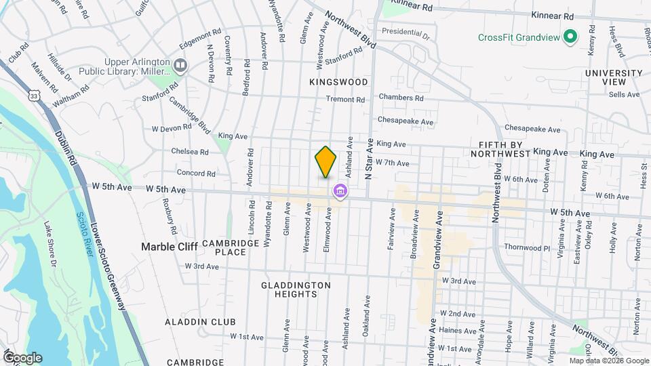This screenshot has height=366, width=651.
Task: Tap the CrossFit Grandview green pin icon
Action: point(571,36)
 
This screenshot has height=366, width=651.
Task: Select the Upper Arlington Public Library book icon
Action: point(180,65)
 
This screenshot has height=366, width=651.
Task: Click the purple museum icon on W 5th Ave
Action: point(340,193)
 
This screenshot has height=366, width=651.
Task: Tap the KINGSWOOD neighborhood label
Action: point(338,82)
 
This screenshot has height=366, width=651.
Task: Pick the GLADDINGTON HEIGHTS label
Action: point(296,290)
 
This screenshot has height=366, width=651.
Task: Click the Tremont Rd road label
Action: point(345,100)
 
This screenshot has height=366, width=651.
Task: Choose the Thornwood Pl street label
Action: point(527,248)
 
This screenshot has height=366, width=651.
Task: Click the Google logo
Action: point(22,357)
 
